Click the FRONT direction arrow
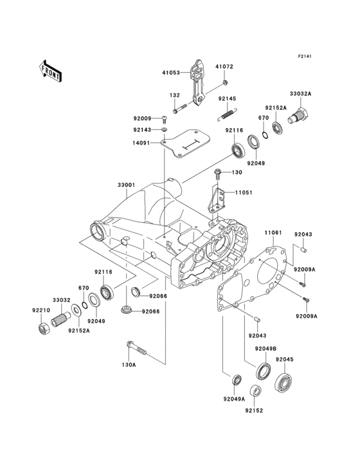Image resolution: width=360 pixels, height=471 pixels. (x=51, y=69)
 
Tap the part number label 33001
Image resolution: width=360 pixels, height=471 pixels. (x=125, y=185)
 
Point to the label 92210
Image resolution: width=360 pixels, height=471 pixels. (x=40, y=309)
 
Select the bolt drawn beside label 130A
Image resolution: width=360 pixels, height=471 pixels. (x=138, y=349)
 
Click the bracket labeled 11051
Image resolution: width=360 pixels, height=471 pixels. (x=216, y=199)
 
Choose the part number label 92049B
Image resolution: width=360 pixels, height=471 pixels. (x=265, y=349)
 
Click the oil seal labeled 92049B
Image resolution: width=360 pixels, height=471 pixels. (x=263, y=372)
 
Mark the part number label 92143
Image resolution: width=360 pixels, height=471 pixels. (x=142, y=130)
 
